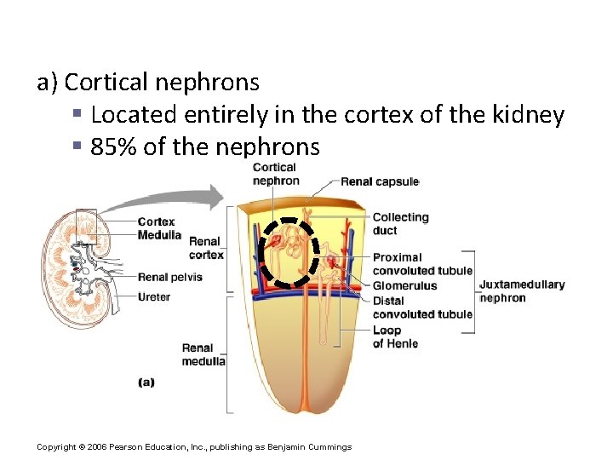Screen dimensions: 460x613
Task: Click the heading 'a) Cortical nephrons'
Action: coord(148,83)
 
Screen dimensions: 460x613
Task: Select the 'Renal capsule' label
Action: coord(380,181)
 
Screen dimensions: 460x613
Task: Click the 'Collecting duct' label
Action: coord(400,223)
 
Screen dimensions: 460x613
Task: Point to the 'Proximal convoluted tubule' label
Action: coord(421,264)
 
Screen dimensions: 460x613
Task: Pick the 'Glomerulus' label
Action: coord(404,286)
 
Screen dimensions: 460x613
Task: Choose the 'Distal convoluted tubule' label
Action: coord(421,308)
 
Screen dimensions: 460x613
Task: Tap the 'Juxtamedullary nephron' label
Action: coord(521,291)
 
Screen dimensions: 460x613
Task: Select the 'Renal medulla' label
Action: coord(203,354)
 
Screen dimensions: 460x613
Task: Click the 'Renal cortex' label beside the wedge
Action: coord(206,248)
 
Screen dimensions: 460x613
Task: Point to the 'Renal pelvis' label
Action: coord(169,277)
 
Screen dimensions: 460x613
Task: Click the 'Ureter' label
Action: coord(154,297)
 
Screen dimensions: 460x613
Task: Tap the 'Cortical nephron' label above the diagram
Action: coord(275,174)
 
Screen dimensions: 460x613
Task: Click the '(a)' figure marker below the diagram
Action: coord(146,382)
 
